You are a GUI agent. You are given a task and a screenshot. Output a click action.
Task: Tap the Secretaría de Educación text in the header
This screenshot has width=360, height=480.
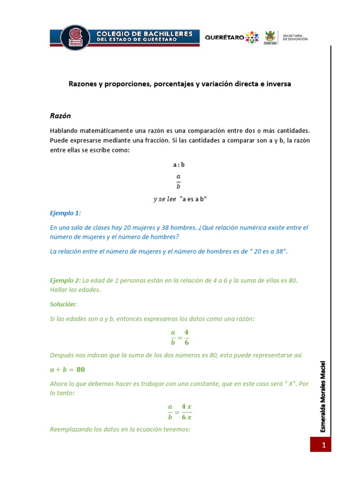click(295, 37)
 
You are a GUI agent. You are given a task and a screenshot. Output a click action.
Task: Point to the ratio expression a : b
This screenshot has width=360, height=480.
click(179, 165)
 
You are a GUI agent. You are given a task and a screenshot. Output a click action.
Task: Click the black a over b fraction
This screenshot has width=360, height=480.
click(179, 181)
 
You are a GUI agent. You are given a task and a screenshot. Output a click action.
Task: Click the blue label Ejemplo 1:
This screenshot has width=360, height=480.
click(66, 213)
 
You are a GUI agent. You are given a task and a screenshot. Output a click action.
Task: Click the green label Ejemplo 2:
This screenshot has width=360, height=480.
click(65, 280)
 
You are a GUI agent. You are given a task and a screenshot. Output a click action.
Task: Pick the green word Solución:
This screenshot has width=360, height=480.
click(63, 304)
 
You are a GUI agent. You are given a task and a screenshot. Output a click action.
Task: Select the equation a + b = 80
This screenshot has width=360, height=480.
click(67, 369)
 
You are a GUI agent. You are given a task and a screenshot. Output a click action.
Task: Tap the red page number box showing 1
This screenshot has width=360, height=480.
click(321, 444)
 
